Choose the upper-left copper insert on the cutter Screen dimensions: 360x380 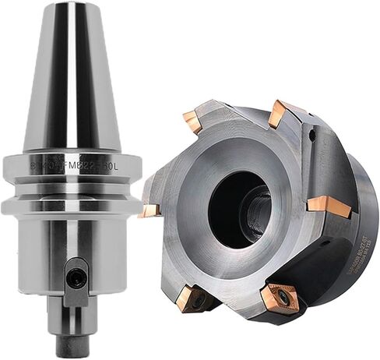click(x=193, y=121)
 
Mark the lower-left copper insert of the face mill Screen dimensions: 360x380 click(x=190, y=298)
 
